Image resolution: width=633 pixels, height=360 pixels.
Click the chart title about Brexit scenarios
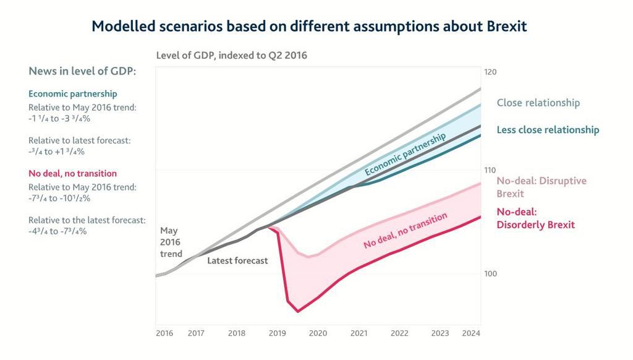pyautogui.click(x=309, y=26)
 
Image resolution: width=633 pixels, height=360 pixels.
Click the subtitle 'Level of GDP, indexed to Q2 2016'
pyautogui.click(x=232, y=55)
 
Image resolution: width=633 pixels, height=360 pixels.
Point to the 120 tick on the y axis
pyautogui.click(x=490, y=72)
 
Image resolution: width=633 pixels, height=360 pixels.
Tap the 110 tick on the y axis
pyautogui.click(x=490, y=170)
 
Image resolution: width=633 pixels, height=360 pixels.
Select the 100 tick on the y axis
pyautogui.click(x=490, y=273)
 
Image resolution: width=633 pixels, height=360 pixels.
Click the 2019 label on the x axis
pyautogui.click(x=278, y=333)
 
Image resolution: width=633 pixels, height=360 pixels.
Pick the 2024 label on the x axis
pyautogui.click(x=471, y=333)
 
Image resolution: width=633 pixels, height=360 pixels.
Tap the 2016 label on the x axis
pyautogui.click(x=164, y=333)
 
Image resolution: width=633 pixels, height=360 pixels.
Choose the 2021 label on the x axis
pyautogui.click(x=359, y=333)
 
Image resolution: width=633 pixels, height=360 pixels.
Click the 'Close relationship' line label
pyautogui.click(x=538, y=103)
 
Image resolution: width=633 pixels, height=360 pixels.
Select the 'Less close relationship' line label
pyautogui.click(x=548, y=130)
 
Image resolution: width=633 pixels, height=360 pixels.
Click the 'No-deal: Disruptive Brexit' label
pyautogui.click(x=542, y=187)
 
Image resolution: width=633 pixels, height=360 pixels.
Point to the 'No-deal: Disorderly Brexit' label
pyautogui.click(x=535, y=218)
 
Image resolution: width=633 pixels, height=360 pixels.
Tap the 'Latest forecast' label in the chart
pyautogui.click(x=237, y=261)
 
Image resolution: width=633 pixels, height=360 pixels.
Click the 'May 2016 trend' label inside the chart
pyautogui.click(x=171, y=242)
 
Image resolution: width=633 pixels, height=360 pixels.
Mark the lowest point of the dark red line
pyautogui.click(x=298, y=312)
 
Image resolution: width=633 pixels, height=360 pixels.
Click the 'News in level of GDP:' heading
pyautogui.click(x=82, y=71)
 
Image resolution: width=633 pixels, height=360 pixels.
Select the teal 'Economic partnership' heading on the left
pyautogui.click(x=72, y=94)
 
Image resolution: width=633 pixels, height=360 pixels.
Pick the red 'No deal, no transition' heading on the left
pyautogui.click(x=72, y=174)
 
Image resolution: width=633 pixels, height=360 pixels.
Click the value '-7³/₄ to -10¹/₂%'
pyautogui.click(x=61, y=198)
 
